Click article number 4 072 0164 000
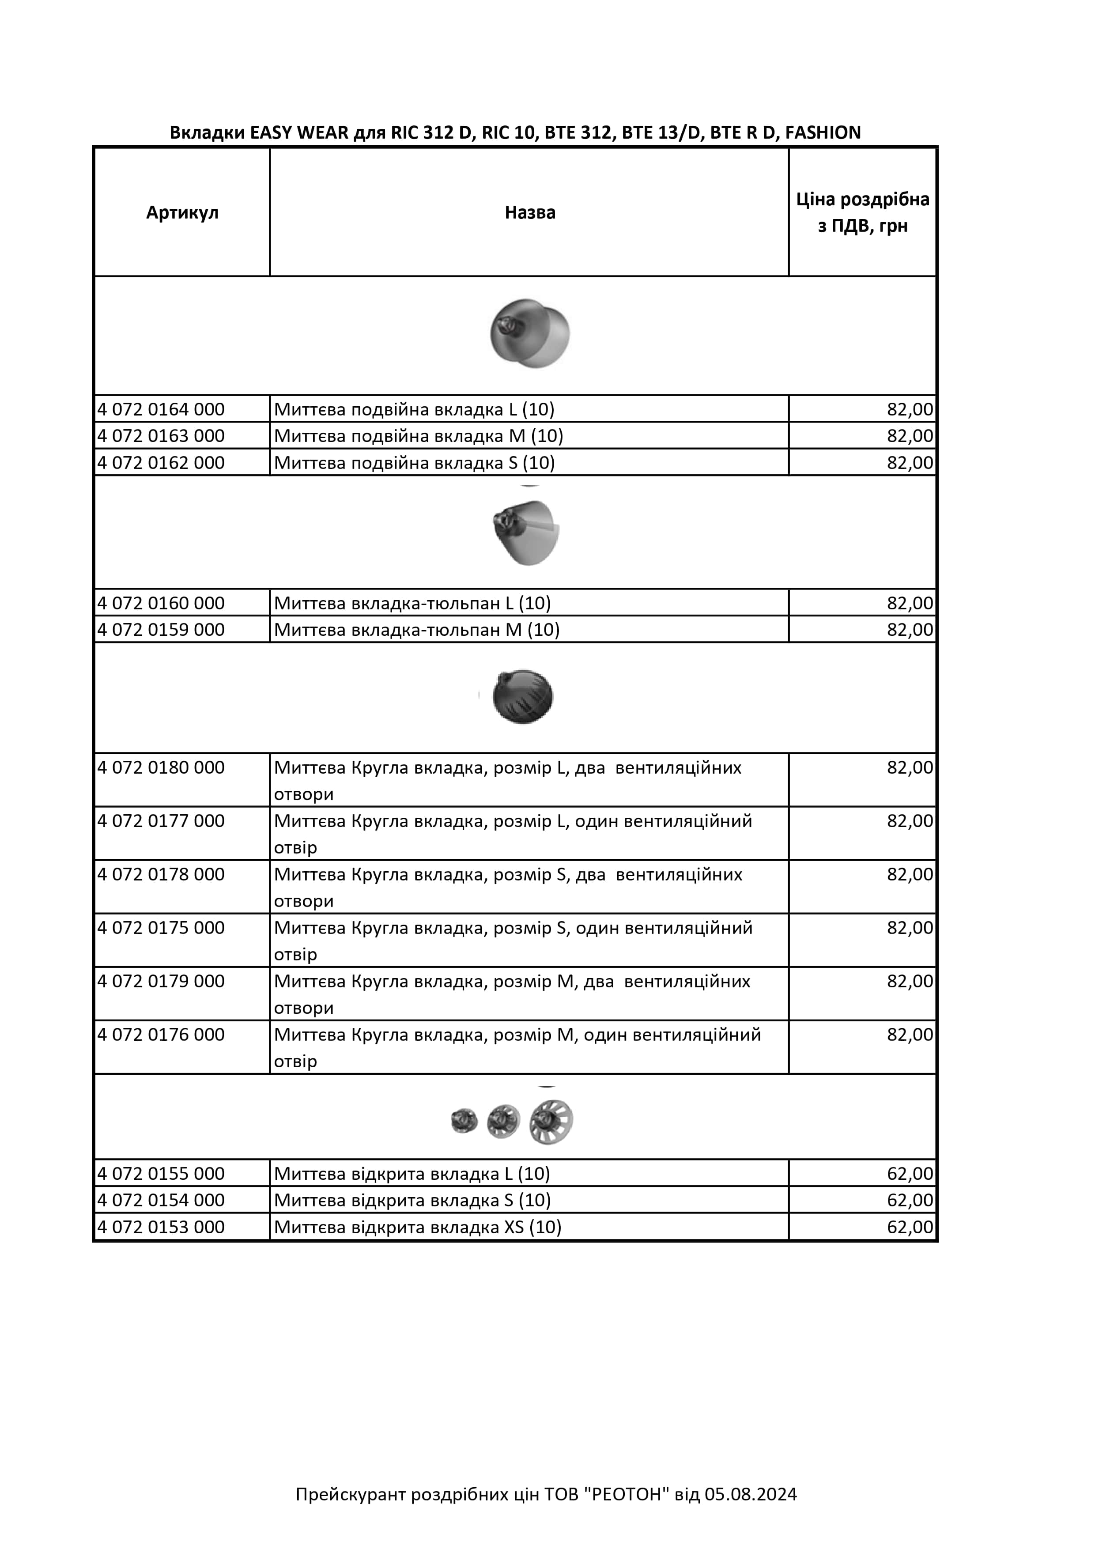(161, 409)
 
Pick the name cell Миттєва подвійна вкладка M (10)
(418, 436)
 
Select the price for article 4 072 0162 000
(910, 463)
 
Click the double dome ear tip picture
(530, 333)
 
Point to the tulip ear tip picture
(527, 532)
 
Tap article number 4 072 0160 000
(161, 603)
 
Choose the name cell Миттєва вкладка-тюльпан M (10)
(416, 630)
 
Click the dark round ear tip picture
(523, 696)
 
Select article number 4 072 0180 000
(161, 768)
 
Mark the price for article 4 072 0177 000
(910, 821)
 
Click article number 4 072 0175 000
(161, 928)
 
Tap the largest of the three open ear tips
(551, 1122)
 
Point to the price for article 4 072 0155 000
(910, 1174)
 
